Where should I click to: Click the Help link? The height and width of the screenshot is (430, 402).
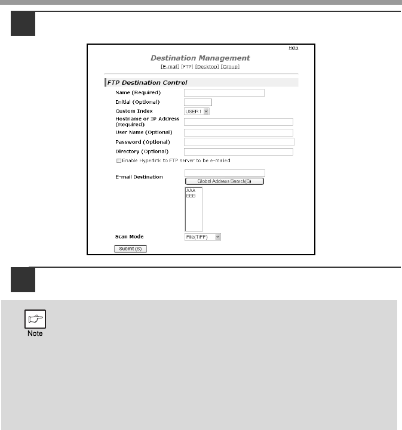(x=293, y=48)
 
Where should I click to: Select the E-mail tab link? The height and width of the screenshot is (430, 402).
(x=171, y=66)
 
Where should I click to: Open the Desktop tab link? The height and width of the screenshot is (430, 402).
(x=207, y=66)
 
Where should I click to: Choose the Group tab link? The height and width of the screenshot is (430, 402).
(x=230, y=66)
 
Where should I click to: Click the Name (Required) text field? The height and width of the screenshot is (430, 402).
(x=224, y=92)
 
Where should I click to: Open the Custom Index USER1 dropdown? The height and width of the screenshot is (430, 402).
(x=197, y=111)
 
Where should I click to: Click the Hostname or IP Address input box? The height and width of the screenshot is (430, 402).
(x=238, y=122)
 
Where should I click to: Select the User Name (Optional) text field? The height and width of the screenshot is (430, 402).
(x=238, y=132)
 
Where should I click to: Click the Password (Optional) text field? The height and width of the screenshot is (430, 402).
(x=239, y=142)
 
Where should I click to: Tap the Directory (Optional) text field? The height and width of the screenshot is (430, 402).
(x=238, y=151)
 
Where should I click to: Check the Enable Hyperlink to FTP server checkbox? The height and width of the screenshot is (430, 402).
(x=119, y=161)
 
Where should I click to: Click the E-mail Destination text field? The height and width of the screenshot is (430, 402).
(x=225, y=173)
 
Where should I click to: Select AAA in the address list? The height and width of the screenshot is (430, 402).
(x=191, y=191)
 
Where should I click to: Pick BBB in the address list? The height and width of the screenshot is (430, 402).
(x=191, y=196)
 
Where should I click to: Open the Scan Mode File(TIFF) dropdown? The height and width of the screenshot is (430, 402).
(x=202, y=237)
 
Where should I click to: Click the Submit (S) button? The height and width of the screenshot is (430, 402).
(x=130, y=248)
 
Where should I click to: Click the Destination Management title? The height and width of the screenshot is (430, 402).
(x=200, y=58)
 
